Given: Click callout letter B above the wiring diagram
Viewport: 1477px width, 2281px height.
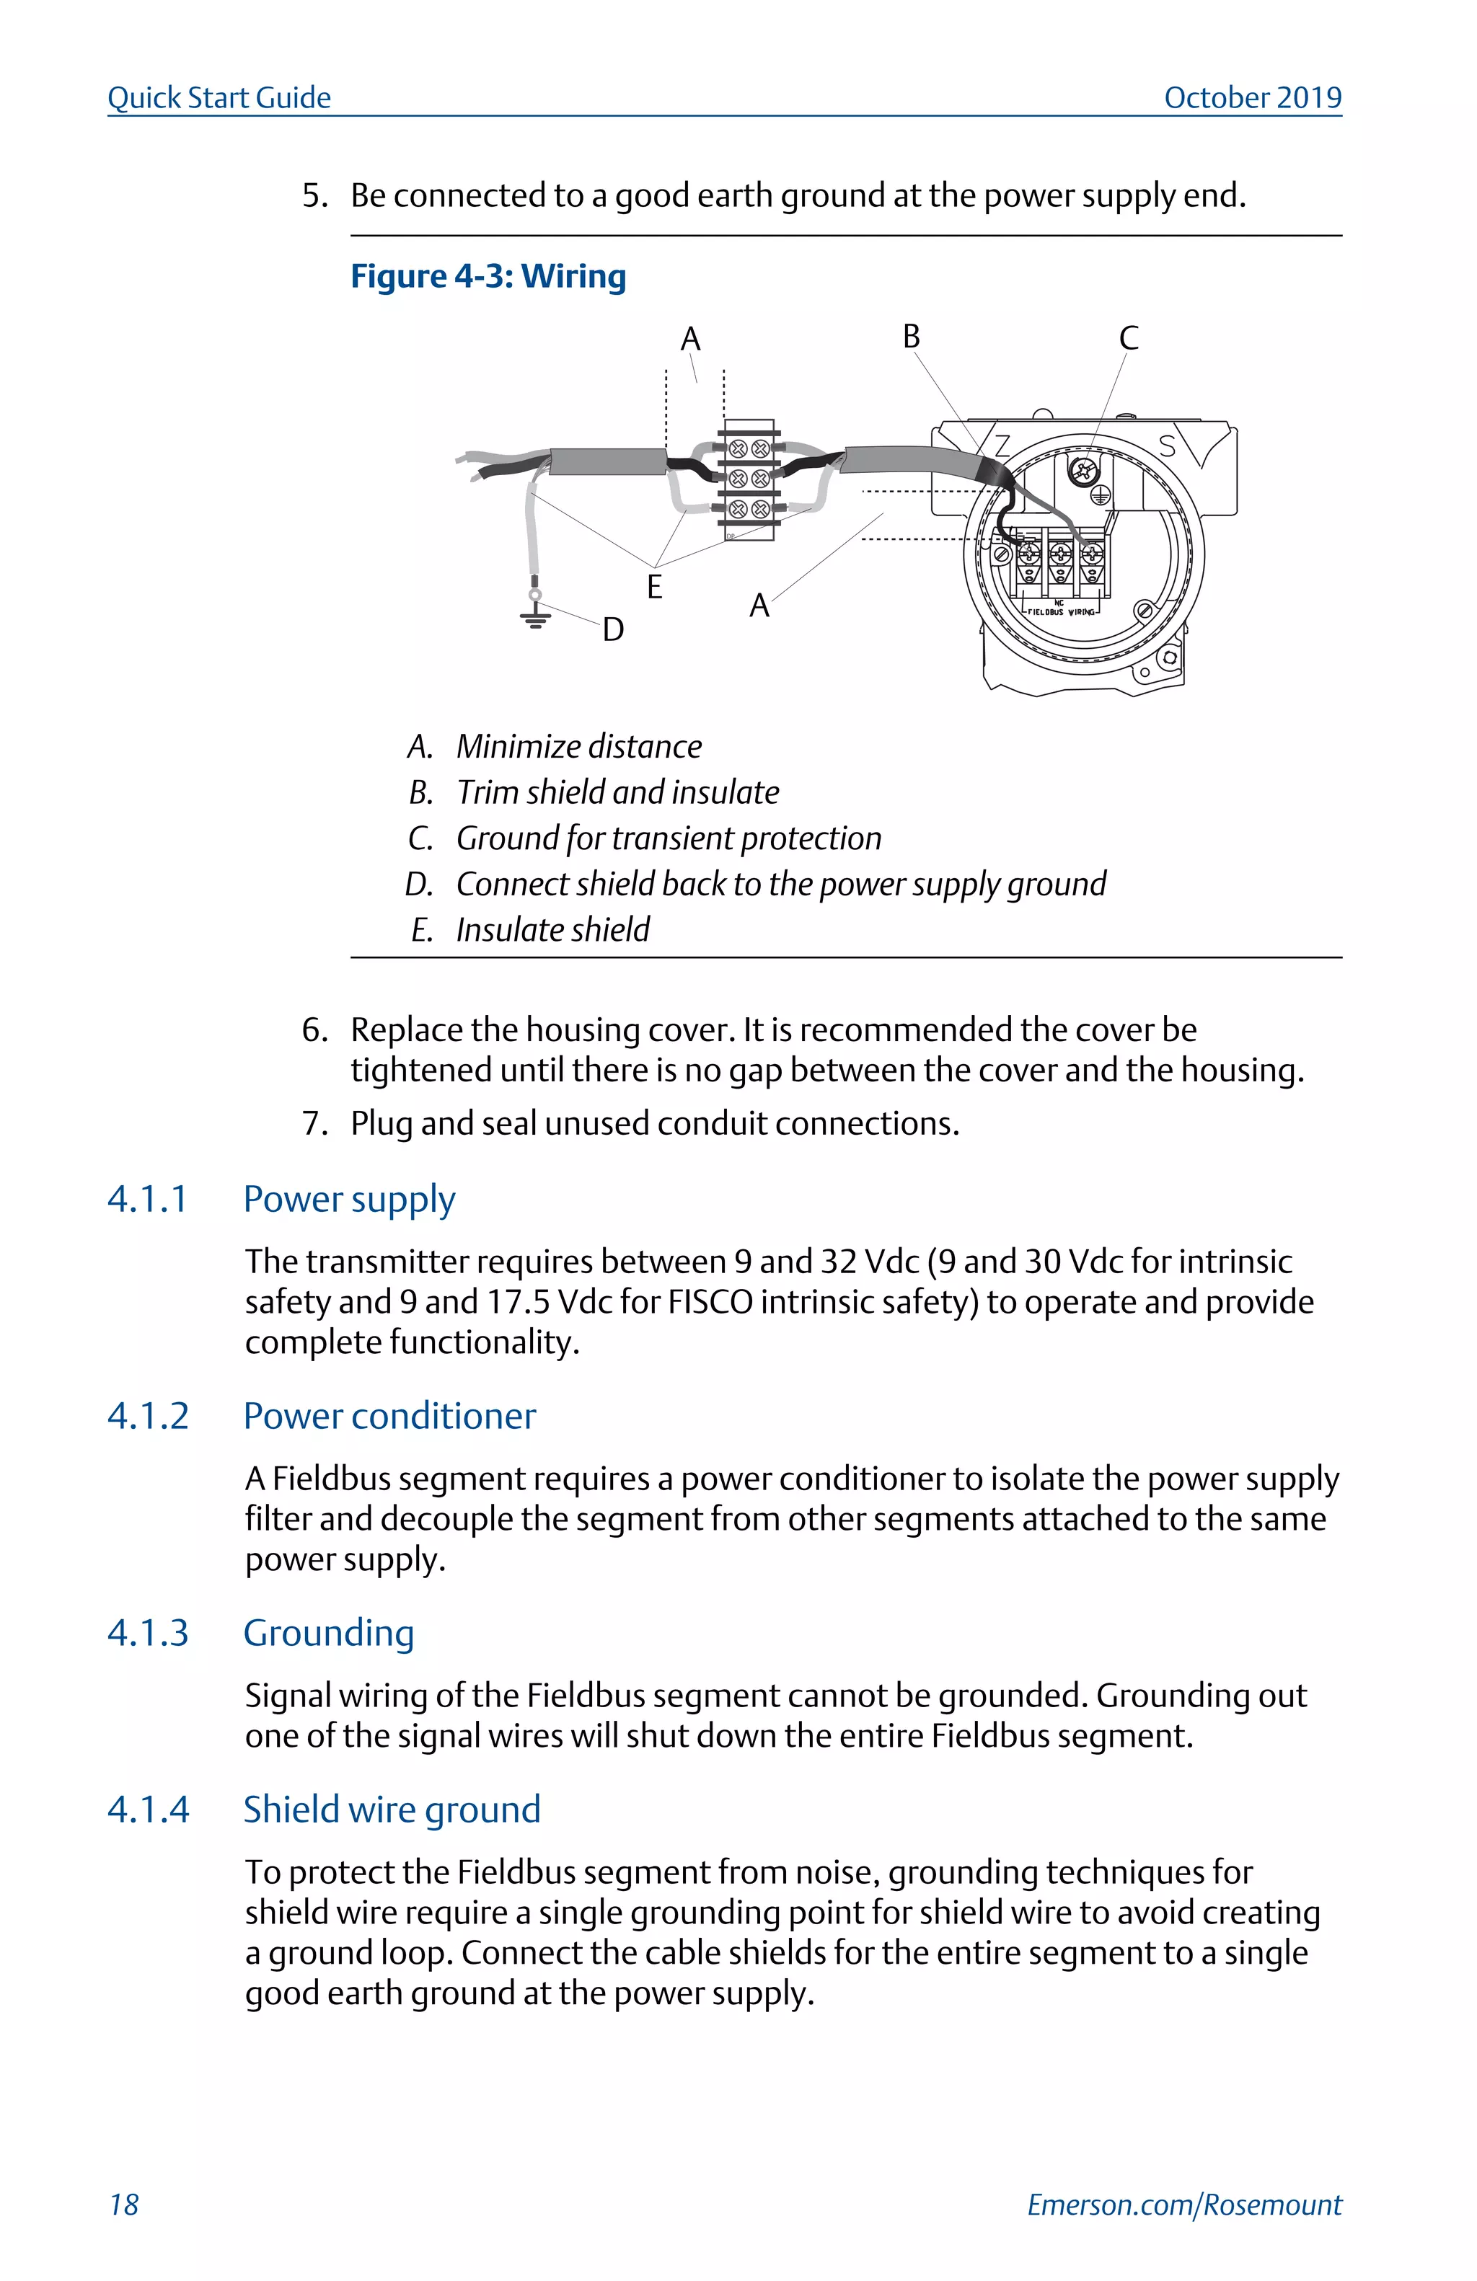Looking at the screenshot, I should [x=911, y=337].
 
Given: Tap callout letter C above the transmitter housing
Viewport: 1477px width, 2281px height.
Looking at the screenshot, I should [x=1128, y=338].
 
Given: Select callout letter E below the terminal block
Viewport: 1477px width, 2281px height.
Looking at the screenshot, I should [x=655, y=587].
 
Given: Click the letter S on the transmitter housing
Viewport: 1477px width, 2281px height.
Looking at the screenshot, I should [x=1166, y=446].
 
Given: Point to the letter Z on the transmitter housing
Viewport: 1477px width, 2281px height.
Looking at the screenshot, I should [x=1002, y=446].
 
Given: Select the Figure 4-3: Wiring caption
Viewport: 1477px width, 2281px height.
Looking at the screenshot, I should [x=488, y=276].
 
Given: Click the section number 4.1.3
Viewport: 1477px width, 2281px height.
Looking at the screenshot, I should [x=148, y=1632].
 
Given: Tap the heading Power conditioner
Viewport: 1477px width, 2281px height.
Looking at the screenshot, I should [x=389, y=1416].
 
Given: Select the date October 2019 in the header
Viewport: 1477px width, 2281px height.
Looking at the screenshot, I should [x=1252, y=98].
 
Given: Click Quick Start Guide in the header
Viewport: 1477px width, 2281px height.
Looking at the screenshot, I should [x=219, y=98].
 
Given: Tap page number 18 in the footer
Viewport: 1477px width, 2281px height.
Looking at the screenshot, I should [x=123, y=2205].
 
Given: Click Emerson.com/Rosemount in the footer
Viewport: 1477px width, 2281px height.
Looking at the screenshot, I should [x=1183, y=2205].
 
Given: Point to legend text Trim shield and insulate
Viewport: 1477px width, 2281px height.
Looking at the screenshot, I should [x=617, y=792].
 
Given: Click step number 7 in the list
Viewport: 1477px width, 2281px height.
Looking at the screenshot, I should [x=314, y=1122].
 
